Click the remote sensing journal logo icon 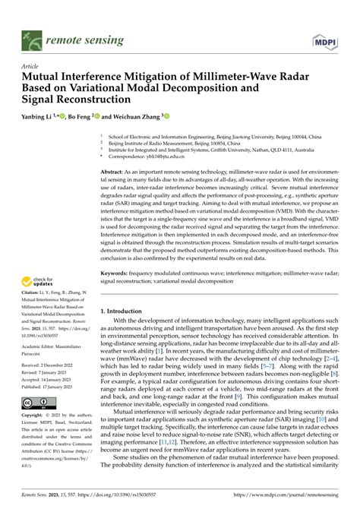33,36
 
